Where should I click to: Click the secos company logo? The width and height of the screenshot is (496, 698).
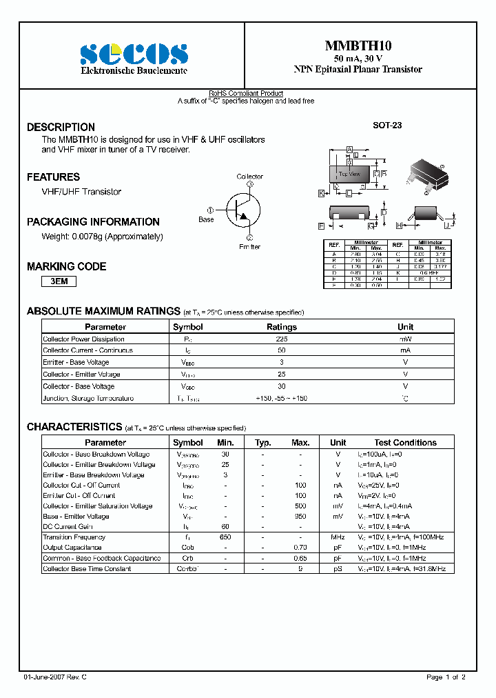click(x=133, y=54)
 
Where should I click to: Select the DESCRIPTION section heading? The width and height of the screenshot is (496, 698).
click(x=61, y=128)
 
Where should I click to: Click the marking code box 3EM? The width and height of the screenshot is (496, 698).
click(x=59, y=281)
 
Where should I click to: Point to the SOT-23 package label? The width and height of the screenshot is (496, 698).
click(x=387, y=126)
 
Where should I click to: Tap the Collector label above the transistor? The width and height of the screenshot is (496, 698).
click(x=249, y=177)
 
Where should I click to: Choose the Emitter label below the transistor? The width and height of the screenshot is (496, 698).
click(x=249, y=247)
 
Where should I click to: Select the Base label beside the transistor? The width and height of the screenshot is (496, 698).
click(x=206, y=219)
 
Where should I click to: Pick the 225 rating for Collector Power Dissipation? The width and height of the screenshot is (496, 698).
click(x=281, y=339)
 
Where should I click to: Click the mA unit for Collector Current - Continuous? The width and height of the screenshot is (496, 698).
click(x=405, y=350)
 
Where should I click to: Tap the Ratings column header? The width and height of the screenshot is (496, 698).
click(x=281, y=327)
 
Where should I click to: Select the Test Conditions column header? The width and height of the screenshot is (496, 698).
click(x=405, y=443)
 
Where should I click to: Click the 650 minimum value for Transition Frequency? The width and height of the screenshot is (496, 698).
click(x=225, y=537)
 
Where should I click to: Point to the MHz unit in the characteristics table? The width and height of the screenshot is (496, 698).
click(x=338, y=537)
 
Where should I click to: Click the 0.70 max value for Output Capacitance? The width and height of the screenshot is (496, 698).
click(x=300, y=548)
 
